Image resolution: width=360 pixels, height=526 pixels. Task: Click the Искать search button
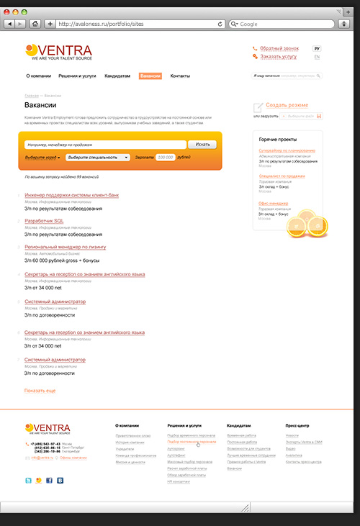(x=202, y=145)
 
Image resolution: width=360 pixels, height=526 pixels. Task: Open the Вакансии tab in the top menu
(x=150, y=76)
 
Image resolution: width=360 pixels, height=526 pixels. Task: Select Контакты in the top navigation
(x=180, y=76)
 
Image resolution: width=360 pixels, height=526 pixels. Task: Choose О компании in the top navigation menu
(x=38, y=76)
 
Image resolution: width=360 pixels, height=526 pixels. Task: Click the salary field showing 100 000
(x=166, y=156)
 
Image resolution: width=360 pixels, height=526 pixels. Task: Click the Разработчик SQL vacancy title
(x=45, y=221)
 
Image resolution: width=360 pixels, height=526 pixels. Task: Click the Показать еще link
(x=40, y=390)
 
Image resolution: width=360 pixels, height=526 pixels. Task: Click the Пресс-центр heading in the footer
(x=297, y=425)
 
